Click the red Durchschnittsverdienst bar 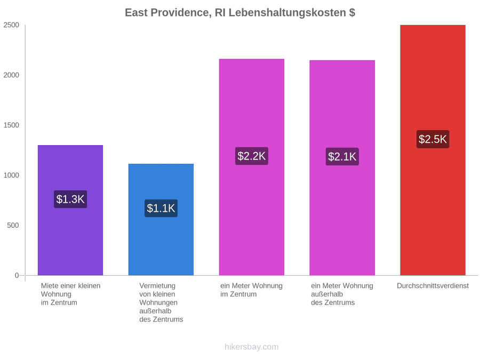click(x=433, y=150)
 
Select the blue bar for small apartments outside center click(x=161, y=220)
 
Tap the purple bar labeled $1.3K click(x=70, y=210)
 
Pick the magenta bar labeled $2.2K click(x=252, y=167)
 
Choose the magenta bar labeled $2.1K click(x=342, y=168)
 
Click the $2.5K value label click(x=433, y=139)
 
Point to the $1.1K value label click(x=161, y=208)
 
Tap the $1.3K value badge click(x=70, y=199)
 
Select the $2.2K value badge click(x=252, y=156)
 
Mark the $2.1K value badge click(x=342, y=156)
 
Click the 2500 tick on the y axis click(x=11, y=25)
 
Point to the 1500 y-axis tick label click(x=11, y=125)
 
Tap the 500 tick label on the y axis click(x=13, y=225)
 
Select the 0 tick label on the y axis click(x=17, y=275)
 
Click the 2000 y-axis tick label click(x=11, y=75)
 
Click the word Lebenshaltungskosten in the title click(x=287, y=13)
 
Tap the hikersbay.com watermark click(x=252, y=347)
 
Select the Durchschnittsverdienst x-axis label click(x=433, y=286)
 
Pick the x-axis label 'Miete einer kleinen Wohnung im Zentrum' click(x=71, y=294)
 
